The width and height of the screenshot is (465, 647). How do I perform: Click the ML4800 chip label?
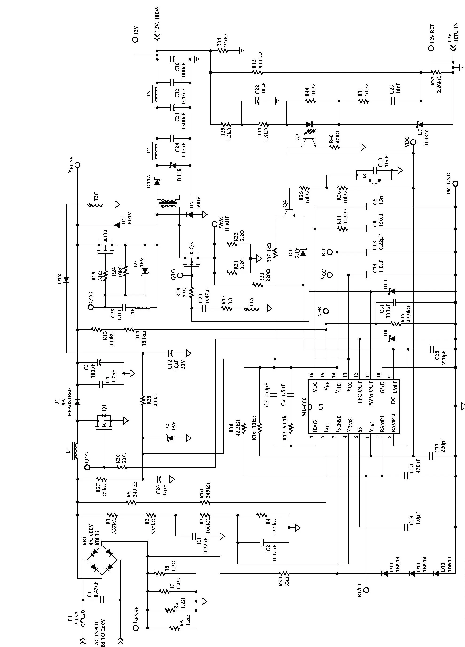[304, 407]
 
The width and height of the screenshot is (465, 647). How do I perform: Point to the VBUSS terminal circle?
[77, 165]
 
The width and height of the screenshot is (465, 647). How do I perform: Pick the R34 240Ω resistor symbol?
[222, 51]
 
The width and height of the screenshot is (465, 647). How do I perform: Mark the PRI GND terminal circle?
[456, 183]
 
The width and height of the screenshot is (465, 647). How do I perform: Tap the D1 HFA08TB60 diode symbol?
[77, 402]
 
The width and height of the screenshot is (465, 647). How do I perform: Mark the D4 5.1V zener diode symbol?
[303, 253]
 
